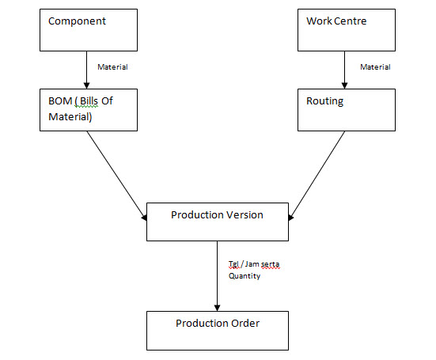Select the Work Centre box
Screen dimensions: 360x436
345,30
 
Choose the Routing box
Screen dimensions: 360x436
345,110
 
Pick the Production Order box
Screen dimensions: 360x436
217,330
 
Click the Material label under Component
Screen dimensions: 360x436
112,67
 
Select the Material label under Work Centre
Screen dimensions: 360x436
375,67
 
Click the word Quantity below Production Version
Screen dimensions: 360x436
245,277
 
